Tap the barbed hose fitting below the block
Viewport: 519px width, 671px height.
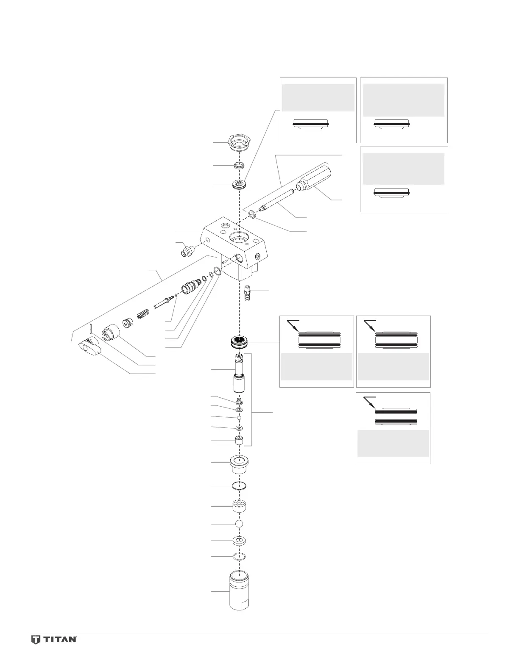(x=248, y=293)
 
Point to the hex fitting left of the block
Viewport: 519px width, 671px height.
(x=186, y=251)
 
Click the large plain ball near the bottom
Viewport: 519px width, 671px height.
(x=240, y=524)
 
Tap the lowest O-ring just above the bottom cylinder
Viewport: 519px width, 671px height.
(x=240, y=556)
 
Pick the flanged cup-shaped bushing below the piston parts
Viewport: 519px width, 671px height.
(x=240, y=465)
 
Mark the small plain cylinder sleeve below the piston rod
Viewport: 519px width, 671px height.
(x=240, y=441)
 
